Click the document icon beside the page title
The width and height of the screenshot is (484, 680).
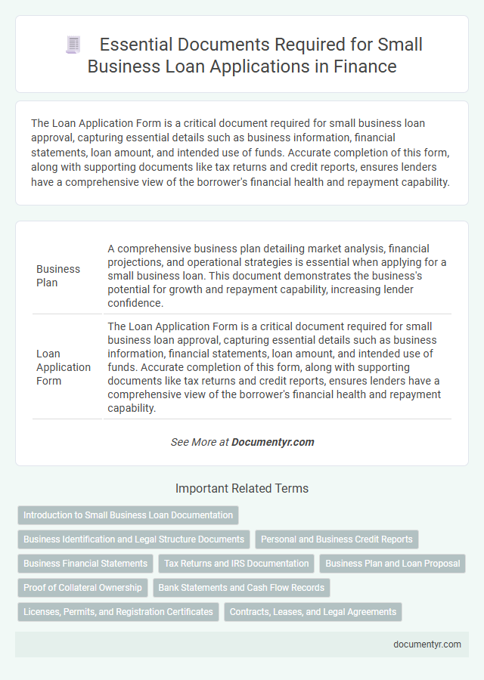73,45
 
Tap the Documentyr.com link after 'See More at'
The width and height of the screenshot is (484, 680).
273,442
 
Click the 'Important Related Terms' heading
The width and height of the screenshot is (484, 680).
242,489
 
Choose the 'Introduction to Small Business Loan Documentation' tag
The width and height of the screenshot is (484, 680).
128,515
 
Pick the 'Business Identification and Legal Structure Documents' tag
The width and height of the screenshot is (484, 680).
134,539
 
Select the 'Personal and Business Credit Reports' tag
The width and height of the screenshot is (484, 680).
337,539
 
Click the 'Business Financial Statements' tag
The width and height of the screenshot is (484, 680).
85,564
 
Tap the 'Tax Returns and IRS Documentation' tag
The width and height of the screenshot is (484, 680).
236,564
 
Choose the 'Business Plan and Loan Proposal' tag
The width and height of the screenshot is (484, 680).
392,564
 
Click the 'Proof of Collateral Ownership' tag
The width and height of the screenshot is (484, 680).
82,588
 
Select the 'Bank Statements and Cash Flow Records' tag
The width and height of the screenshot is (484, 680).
241,588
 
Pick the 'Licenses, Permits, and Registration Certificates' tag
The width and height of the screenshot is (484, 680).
118,612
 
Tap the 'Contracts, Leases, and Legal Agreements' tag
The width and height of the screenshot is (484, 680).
313,612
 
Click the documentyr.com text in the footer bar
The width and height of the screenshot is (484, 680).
427,644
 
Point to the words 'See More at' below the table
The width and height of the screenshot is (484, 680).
200,442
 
